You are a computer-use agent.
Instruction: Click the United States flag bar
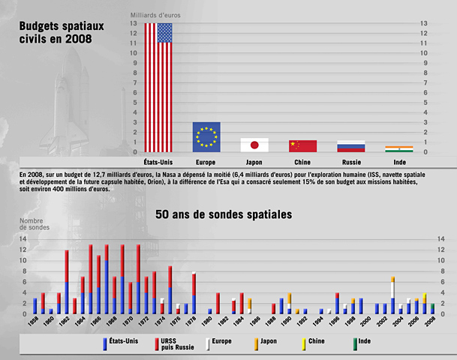pos(158,88)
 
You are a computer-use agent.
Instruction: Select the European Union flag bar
pos(206,137)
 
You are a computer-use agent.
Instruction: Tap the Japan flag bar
pos(254,145)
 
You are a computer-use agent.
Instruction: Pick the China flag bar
pos(303,145)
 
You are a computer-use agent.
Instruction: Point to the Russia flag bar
pos(351,146)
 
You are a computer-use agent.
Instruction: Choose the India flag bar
pos(398,149)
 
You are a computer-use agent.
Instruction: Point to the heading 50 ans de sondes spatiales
pos(224,214)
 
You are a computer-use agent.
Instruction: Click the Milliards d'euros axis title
pos(155,15)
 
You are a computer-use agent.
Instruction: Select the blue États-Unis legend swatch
pos(105,343)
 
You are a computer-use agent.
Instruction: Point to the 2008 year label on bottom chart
pos(430,322)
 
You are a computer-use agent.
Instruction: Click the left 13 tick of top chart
pos(134,24)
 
